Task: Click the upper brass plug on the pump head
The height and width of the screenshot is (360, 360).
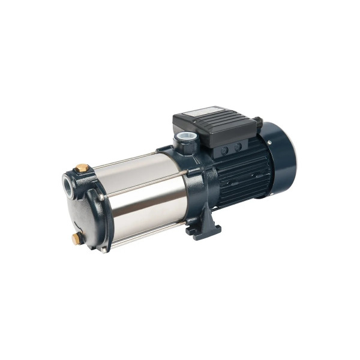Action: click(83, 169)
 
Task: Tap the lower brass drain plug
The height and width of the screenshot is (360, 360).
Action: click(77, 238)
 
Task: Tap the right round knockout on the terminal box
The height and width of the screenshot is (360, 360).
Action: click(238, 146)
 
